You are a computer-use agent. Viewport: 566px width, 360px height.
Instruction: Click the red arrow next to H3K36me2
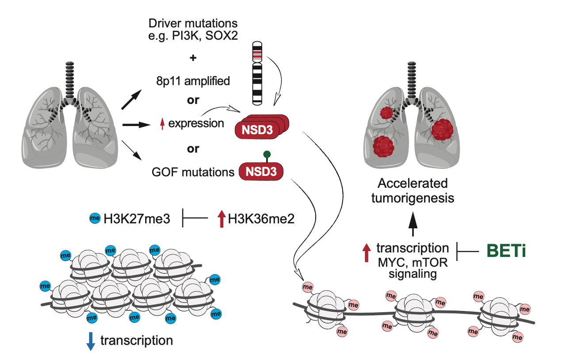pyautogui.click(x=222, y=218)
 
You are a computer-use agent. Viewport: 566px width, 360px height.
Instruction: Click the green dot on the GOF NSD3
pyautogui.click(x=266, y=155)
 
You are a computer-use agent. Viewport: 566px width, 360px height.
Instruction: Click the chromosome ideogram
pyautogui.click(x=257, y=73)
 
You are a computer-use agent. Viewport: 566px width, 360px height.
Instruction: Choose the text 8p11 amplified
pyautogui.click(x=193, y=80)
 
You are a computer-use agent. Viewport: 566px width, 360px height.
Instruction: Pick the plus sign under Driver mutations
pyautogui.click(x=193, y=58)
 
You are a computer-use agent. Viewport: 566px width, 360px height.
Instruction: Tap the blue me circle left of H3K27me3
pyautogui.click(x=95, y=218)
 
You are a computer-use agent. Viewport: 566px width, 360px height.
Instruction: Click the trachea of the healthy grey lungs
pyautogui.click(x=69, y=77)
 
